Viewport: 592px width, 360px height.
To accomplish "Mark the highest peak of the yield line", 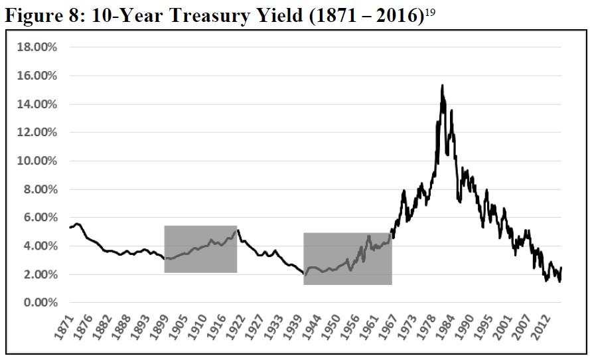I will [442, 85].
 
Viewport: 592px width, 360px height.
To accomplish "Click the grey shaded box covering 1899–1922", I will [200, 249].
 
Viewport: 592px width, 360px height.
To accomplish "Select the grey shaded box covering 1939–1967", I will [347, 259].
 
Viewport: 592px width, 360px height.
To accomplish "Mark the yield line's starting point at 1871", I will [69, 228].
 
